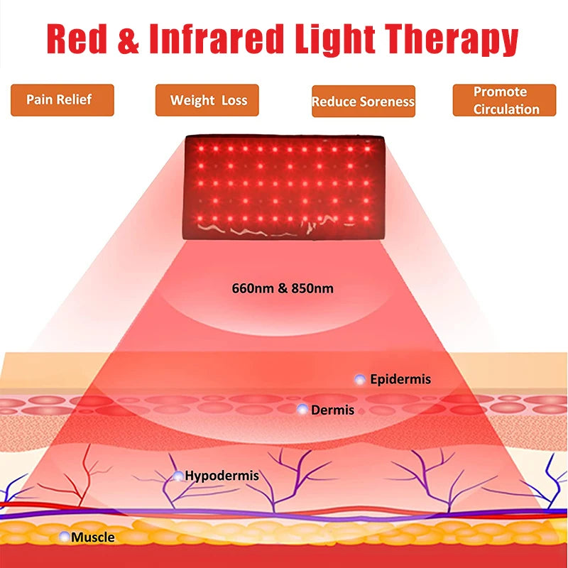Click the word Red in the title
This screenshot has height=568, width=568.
(78, 39)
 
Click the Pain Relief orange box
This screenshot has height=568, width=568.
(62, 99)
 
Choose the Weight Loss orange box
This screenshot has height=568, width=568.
(207, 100)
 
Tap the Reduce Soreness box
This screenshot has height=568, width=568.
(363, 102)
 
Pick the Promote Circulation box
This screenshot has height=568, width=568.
(504, 100)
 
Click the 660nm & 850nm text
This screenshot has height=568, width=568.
(283, 289)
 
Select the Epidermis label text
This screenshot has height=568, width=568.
(400, 380)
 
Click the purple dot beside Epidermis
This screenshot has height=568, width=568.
(360, 380)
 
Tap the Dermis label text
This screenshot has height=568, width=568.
(332, 410)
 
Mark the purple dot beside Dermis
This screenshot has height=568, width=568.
(302, 409)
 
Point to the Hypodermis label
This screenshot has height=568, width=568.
(222, 476)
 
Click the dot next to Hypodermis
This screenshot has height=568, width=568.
(178, 476)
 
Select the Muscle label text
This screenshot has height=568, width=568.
(92, 537)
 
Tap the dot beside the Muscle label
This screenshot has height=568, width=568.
(65, 537)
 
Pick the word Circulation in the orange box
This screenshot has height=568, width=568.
(506, 109)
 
